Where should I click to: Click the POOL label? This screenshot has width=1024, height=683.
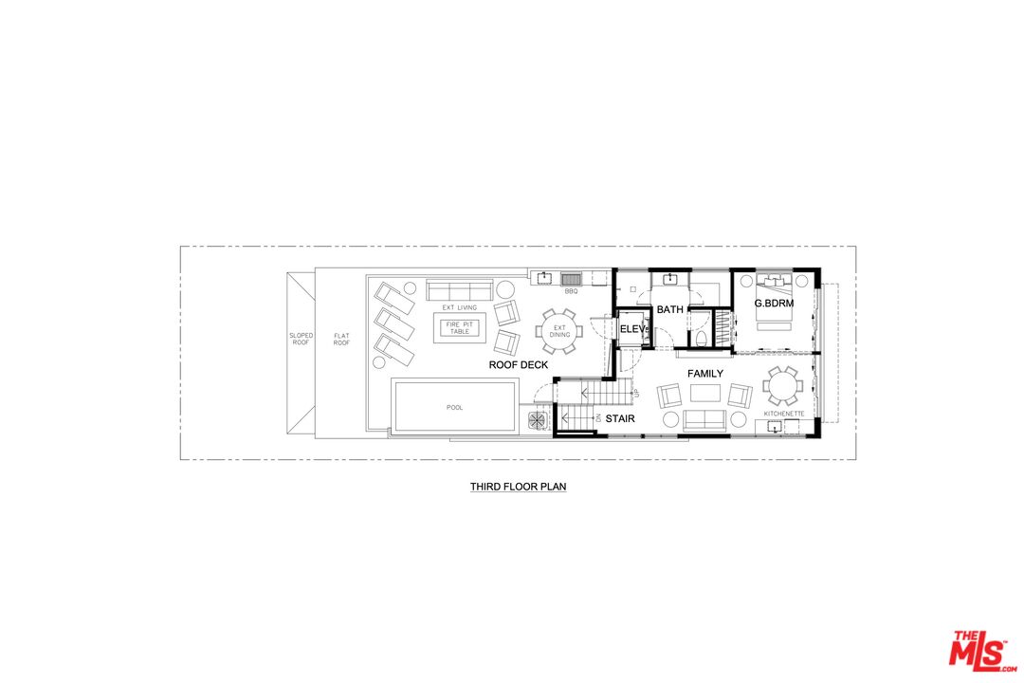(454, 407)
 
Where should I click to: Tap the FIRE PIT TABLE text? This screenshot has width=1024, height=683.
(460, 327)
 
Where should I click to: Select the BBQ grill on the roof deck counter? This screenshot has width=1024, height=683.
(571, 279)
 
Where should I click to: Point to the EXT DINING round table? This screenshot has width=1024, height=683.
(559, 331)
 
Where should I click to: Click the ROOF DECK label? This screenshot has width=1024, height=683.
(519, 364)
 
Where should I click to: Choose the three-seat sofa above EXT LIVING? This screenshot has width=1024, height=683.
(459, 290)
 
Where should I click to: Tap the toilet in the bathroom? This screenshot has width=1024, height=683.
(701, 338)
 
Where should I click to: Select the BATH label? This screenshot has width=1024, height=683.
(670, 309)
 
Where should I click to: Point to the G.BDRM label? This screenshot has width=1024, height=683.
(774, 304)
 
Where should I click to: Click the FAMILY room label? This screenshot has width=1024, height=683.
(705, 373)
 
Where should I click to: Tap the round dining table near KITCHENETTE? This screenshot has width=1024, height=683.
(781, 386)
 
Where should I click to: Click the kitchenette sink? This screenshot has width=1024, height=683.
(775, 428)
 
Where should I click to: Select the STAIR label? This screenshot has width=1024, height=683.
(620, 418)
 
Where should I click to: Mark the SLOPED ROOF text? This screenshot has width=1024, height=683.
(302, 339)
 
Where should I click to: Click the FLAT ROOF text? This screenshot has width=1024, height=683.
(341, 340)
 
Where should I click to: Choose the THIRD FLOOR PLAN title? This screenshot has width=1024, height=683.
(518, 487)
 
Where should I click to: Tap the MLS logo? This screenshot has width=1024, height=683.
(982, 651)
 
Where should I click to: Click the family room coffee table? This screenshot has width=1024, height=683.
(705, 393)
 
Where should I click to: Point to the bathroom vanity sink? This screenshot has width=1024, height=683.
(669, 280)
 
